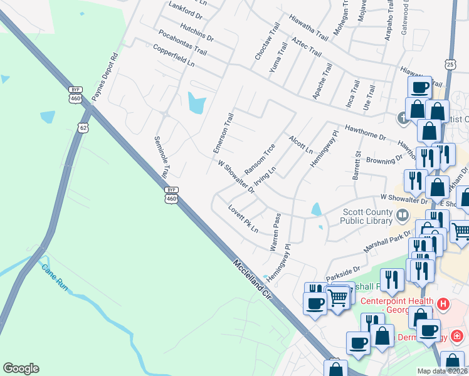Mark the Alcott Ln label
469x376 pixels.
300,144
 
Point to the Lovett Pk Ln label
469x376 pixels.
243,219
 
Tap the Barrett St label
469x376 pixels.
356,165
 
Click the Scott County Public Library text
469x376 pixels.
365,216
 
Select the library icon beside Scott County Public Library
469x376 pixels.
402,216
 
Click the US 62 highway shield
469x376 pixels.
83,128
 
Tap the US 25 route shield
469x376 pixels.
449,65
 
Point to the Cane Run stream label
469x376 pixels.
54,279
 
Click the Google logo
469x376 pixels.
21,368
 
